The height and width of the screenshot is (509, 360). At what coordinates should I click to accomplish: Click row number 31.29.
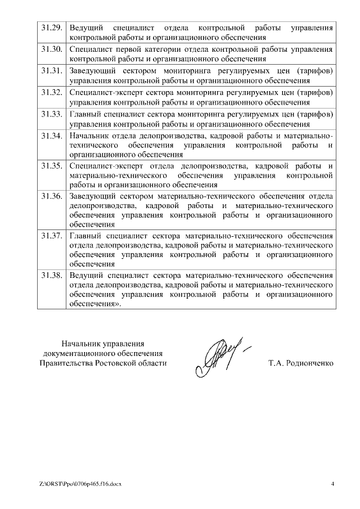[51, 28]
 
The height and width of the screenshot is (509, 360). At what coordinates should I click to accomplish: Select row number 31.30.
[51, 49]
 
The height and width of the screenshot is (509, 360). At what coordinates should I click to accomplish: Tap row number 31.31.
[51, 71]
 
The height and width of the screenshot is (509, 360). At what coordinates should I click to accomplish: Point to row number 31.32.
[51, 92]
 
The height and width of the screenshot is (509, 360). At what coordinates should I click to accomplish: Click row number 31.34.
[51, 136]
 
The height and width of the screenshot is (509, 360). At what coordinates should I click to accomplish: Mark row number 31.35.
[51, 166]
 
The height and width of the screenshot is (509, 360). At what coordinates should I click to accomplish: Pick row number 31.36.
[51, 196]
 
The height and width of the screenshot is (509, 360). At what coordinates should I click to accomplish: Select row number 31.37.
[51, 236]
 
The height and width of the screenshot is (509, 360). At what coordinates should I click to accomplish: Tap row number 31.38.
[51, 276]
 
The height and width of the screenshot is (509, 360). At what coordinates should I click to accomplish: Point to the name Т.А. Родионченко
[301, 363]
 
